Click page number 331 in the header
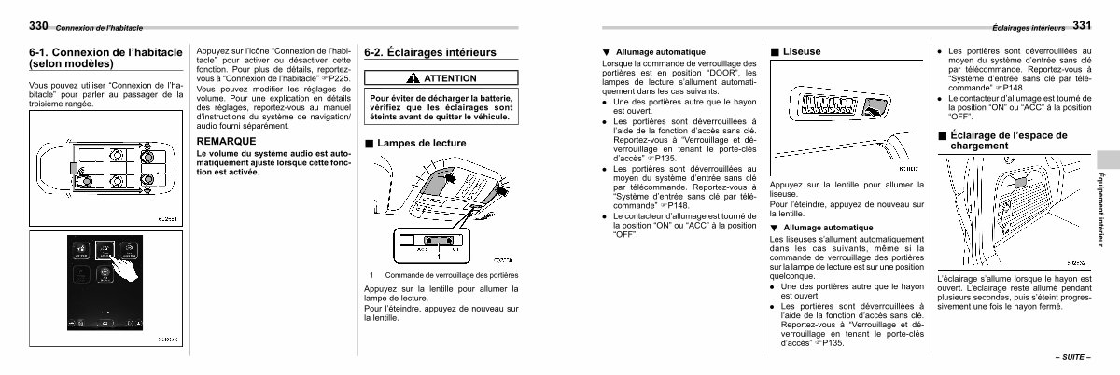coord(1081,25)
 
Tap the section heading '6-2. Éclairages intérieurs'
coord(430,53)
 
